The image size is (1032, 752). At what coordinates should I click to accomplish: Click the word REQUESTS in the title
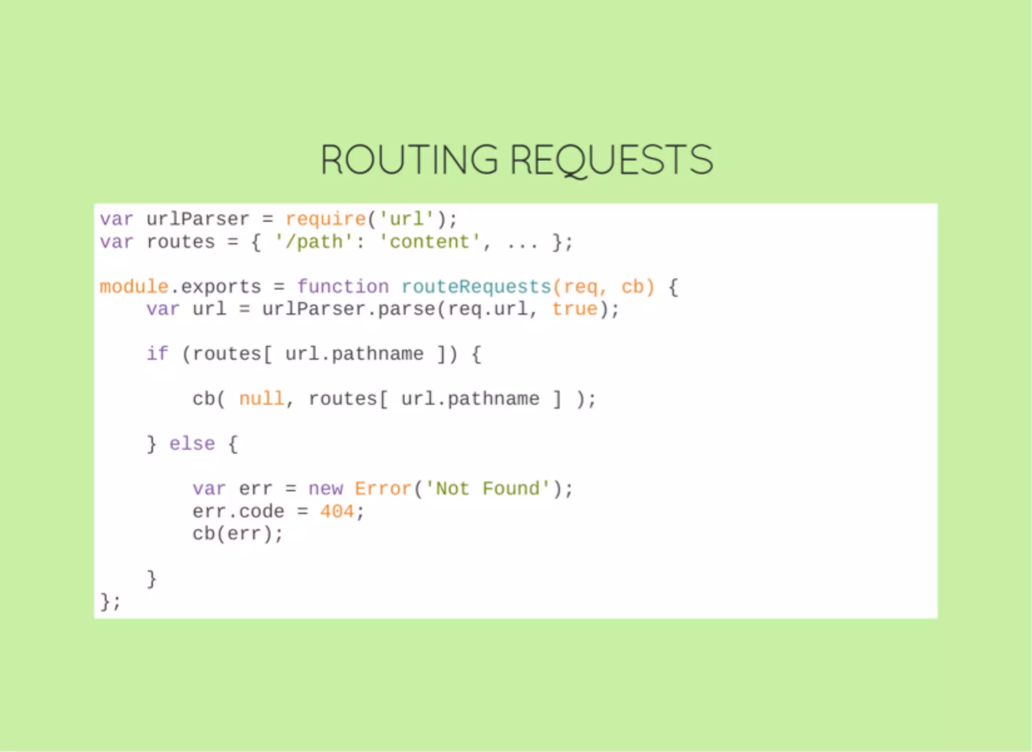(611, 160)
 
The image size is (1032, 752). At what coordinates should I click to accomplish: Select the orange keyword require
(326, 219)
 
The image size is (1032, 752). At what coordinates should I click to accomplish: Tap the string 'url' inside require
(407, 219)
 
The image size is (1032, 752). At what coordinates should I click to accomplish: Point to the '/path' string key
(313, 242)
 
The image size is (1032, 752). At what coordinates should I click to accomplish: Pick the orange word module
(134, 287)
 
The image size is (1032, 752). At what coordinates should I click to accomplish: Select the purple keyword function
(343, 287)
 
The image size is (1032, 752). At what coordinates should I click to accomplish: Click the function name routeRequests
(476, 287)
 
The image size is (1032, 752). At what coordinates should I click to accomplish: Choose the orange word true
(575, 309)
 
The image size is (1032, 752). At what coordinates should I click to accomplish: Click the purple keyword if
(157, 354)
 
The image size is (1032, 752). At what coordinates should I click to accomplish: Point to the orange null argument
(262, 399)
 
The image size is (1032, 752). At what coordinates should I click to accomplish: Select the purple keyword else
(192, 444)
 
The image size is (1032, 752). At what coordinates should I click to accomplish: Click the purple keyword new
(326, 489)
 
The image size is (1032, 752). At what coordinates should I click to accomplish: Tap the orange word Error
(383, 489)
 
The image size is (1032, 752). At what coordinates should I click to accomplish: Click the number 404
(337, 511)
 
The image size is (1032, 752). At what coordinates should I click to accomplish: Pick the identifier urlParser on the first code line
(198, 219)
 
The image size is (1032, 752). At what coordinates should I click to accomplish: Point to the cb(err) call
(238, 534)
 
